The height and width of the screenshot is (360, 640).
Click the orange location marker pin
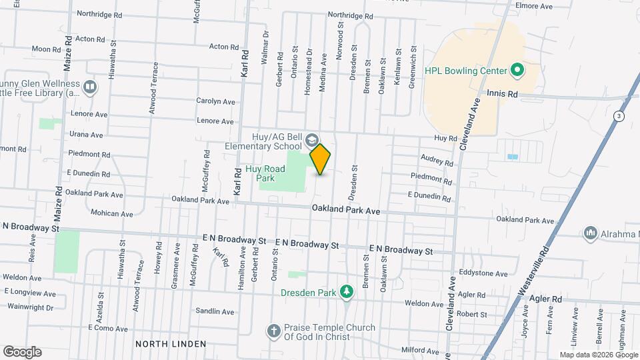click(320, 159)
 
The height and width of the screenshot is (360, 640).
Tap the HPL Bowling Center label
click(466, 70)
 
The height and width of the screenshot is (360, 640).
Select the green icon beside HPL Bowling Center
click(516, 70)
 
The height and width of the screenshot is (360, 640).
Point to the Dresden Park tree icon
click(346, 291)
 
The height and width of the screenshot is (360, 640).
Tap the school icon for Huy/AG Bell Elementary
click(312, 141)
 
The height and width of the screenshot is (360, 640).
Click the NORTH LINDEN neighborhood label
click(171, 344)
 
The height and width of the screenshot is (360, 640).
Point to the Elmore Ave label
click(539, 7)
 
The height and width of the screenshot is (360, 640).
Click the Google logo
click(22, 352)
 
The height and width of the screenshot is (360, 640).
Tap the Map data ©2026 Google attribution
click(597, 355)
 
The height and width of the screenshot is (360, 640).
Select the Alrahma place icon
click(589, 233)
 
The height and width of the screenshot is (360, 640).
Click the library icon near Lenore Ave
click(89, 87)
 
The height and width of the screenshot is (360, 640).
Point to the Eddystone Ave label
click(485, 273)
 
